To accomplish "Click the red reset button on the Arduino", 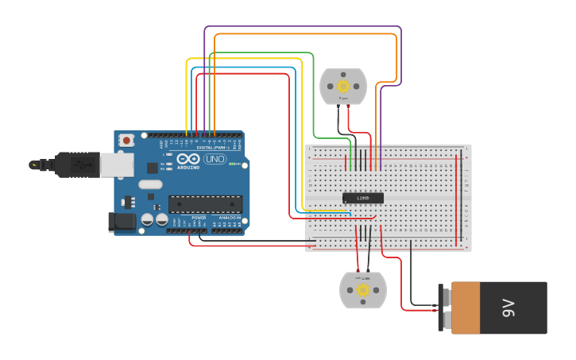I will (x=126, y=141).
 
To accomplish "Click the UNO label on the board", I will (x=215, y=159).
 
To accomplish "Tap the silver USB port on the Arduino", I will (x=116, y=164).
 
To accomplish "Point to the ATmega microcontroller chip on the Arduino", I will (x=204, y=204).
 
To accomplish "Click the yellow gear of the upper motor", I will (x=343, y=86).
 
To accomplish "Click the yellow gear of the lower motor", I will (x=363, y=290).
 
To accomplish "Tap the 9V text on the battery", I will (x=508, y=308).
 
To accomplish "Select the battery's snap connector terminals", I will (x=444, y=308).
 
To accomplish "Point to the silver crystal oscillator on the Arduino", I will (x=149, y=184).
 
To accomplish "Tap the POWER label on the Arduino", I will (x=199, y=217).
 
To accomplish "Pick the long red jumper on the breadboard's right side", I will (x=457, y=199).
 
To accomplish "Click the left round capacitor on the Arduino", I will (x=148, y=219).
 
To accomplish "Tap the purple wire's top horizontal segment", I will (x=302, y=27).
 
